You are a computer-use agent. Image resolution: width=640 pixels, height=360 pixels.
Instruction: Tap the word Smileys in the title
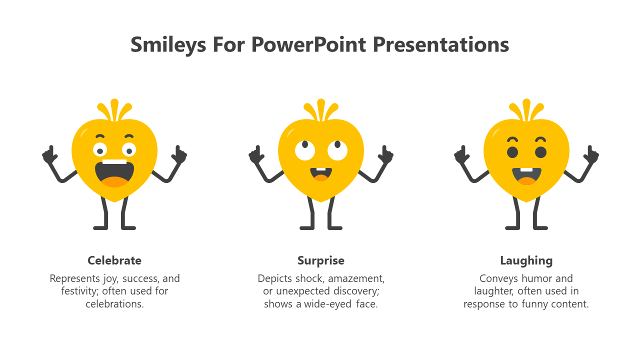[x=168, y=45]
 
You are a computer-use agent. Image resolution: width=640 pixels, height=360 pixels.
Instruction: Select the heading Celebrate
[x=114, y=260]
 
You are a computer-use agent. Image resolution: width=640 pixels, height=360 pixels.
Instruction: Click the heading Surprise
[x=321, y=261]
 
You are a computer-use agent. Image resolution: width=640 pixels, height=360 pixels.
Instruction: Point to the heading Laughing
[x=526, y=261]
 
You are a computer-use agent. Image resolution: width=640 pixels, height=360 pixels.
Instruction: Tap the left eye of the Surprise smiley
[x=305, y=150]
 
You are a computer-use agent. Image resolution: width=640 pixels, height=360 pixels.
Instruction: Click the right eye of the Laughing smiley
[x=540, y=152]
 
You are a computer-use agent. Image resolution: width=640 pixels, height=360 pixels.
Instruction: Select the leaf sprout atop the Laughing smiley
[x=526, y=110]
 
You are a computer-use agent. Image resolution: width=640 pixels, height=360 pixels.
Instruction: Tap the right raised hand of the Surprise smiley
[x=385, y=155]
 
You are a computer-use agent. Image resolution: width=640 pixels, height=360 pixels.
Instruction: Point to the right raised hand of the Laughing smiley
[x=591, y=155]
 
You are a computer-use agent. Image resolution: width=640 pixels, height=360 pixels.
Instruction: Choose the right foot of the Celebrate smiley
[x=128, y=227]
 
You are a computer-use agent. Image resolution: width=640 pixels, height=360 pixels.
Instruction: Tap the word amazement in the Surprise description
[x=356, y=278]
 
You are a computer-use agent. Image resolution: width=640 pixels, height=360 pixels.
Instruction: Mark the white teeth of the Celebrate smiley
[x=114, y=161]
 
